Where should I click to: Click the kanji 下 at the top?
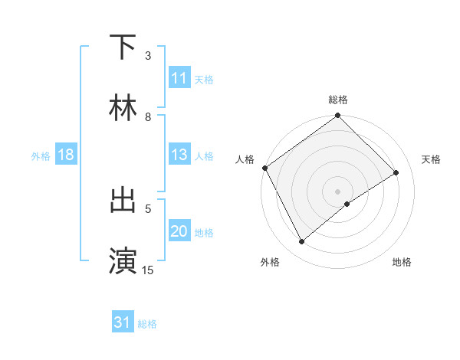click(x=123, y=47)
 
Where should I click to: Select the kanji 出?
click(x=123, y=200)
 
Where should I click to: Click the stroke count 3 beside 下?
click(x=148, y=56)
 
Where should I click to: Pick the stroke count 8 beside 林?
click(x=148, y=116)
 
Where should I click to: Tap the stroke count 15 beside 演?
click(x=148, y=270)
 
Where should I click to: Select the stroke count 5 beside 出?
click(x=148, y=208)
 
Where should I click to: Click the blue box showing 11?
click(x=179, y=78)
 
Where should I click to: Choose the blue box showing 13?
click(x=179, y=155)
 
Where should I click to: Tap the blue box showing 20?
click(x=179, y=231)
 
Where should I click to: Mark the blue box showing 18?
click(x=66, y=155)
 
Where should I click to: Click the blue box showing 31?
click(x=123, y=322)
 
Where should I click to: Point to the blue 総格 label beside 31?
click(x=147, y=324)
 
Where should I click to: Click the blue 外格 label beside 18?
click(x=41, y=156)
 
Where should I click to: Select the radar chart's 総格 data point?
click(x=338, y=116)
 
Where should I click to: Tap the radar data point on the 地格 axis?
click(x=347, y=204)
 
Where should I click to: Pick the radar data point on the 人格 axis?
click(x=264, y=168)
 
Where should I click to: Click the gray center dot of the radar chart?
click(x=338, y=190)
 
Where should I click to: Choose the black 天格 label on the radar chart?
click(x=431, y=159)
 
